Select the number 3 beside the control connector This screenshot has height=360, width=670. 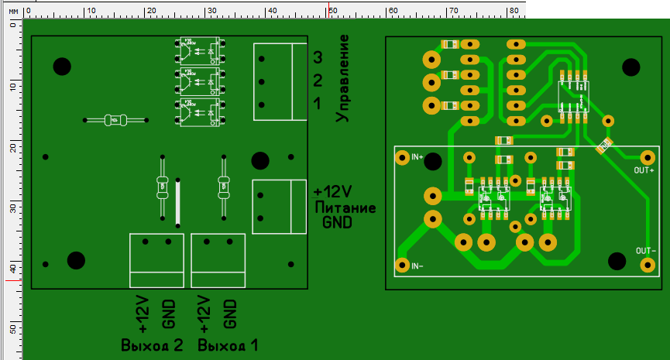(x=318, y=57)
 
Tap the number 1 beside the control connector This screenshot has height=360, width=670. (x=318, y=105)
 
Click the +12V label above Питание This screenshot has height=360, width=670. (x=333, y=191)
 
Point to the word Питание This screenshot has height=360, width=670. (x=345, y=207)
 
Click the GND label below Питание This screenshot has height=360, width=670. (x=337, y=223)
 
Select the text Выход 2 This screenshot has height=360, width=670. (x=152, y=345)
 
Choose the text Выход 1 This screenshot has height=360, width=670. (x=228, y=345)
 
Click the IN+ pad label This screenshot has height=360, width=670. (x=417, y=158)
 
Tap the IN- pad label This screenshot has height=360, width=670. (x=417, y=266)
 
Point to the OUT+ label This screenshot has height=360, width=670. (x=644, y=170)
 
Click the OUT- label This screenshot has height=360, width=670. (x=646, y=252)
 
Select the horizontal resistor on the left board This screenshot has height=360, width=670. (x=115, y=120)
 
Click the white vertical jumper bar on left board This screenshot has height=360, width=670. (x=178, y=203)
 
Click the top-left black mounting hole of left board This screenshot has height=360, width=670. (x=62, y=67)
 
